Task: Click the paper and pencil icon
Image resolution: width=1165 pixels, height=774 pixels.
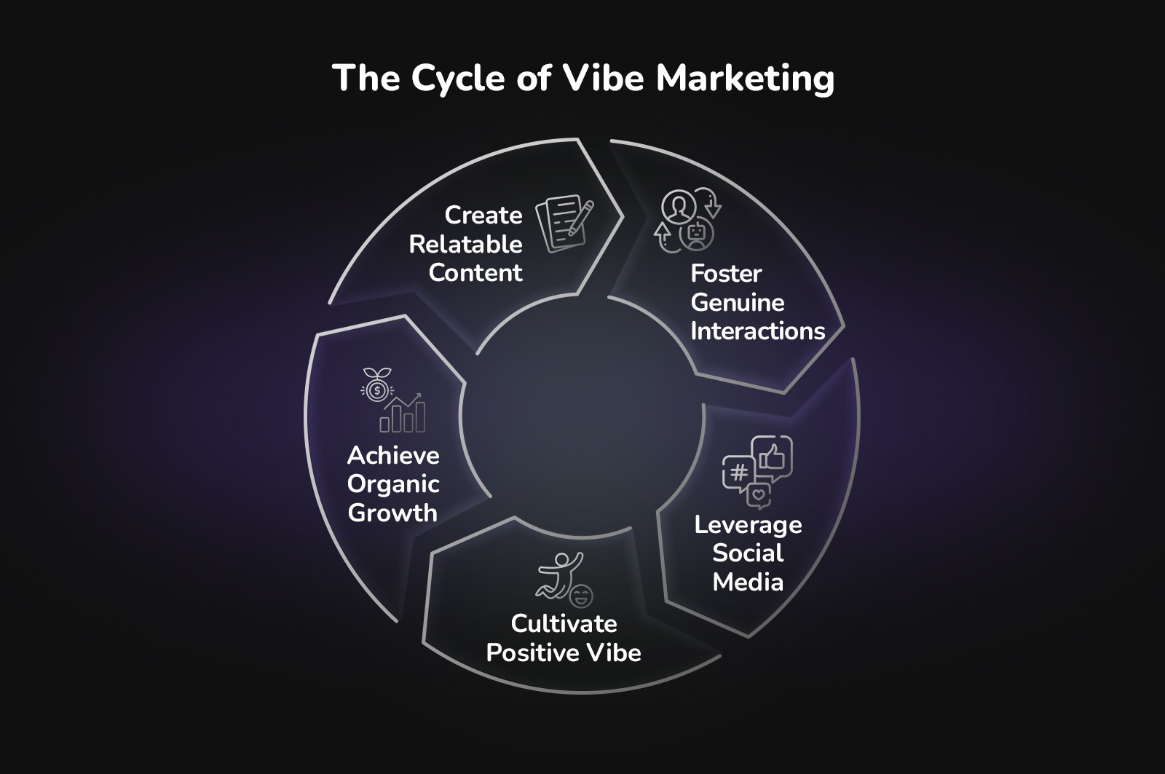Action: pyautogui.click(x=565, y=223)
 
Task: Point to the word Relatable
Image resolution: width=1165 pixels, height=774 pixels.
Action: pyautogui.click(x=465, y=244)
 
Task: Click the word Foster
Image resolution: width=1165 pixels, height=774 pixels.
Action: pyautogui.click(x=726, y=274)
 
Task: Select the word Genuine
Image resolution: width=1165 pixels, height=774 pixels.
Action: pyautogui.click(x=737, y=302)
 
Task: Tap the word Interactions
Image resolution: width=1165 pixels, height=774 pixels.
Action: pyautogui.click(x=757, y=331)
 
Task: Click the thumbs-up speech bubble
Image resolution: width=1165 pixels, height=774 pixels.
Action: pyautogui.click(x=772, y=457)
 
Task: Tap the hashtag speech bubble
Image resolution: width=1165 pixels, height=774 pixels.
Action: pyautogui.click(x=738, y=473)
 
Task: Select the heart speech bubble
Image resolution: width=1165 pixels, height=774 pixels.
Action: pyautogui.click(x=759, y=495)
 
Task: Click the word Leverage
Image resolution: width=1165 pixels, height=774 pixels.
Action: pyautogui.click(x=748, y=525)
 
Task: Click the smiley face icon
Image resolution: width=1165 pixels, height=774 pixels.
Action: pyautogui.click(x=581, y=596)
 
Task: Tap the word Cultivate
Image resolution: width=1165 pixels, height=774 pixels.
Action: pyautogui.click(x=564, y=624)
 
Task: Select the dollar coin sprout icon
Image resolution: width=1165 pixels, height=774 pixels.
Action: pyautogui.click(x=376, y=386)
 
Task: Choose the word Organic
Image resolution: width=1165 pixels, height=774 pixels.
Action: pyautogui.click(x=393, y=484)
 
